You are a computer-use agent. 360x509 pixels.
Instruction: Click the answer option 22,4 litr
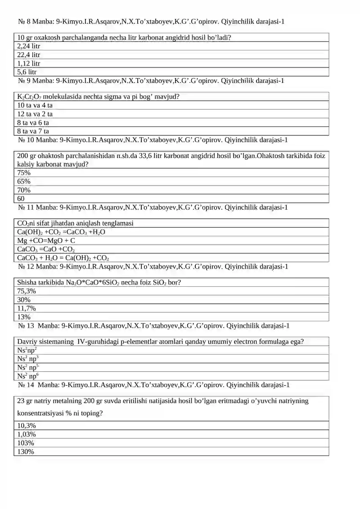29,55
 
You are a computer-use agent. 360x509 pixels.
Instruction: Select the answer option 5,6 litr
27,72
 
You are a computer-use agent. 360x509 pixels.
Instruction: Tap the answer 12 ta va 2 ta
35,114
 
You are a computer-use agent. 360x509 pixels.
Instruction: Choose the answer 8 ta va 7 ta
33,131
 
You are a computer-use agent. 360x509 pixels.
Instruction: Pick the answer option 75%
24,173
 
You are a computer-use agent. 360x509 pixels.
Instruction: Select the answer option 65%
24,181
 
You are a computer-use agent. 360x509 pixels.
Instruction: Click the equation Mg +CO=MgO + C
46,241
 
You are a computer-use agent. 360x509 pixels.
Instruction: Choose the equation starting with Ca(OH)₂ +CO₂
61,232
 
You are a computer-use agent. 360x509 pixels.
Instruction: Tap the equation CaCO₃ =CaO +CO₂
46,249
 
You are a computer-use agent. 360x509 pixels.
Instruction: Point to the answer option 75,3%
27,291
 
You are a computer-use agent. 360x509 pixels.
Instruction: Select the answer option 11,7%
27,308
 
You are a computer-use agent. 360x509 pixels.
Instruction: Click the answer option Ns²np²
27,350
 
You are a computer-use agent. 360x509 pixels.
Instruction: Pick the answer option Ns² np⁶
28,376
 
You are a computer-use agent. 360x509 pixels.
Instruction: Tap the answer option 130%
25,451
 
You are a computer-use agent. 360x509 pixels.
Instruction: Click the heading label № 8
24,21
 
